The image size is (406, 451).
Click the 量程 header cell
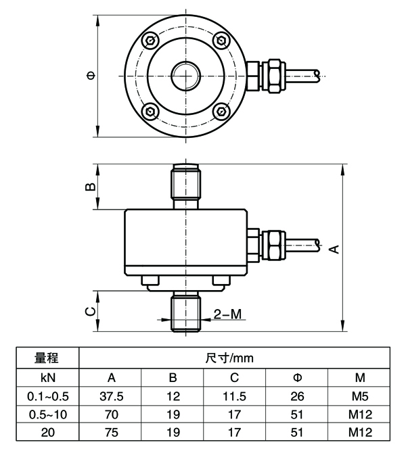pos(47,358)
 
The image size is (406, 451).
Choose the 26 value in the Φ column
pos(298,396)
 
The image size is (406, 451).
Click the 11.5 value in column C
pos(235,396)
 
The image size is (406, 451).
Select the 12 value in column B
pos(173,396)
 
